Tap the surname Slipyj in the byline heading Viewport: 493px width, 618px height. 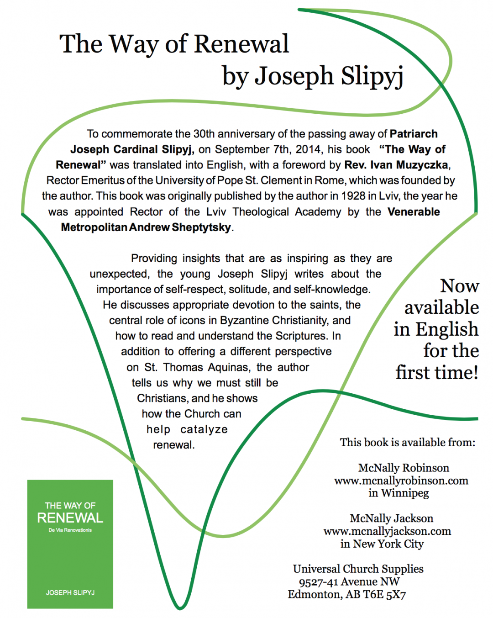[x=372, y=76]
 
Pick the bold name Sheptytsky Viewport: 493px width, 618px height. [x=201, y=227]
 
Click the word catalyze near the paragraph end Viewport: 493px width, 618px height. [x=204, y=429]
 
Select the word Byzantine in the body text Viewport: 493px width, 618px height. [x=245, y=320]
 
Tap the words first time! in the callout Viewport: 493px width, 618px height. [x=437, y=372]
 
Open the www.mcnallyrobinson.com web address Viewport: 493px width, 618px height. [x=401, y=481]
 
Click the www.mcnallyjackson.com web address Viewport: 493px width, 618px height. [x=387, y=531]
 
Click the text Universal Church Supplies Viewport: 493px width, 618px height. [x=358, y=569]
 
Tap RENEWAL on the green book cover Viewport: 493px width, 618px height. [x=70, y=518]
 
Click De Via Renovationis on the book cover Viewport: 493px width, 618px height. [x=70, y=530]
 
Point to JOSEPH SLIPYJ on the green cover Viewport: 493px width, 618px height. [x=70, y=592]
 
